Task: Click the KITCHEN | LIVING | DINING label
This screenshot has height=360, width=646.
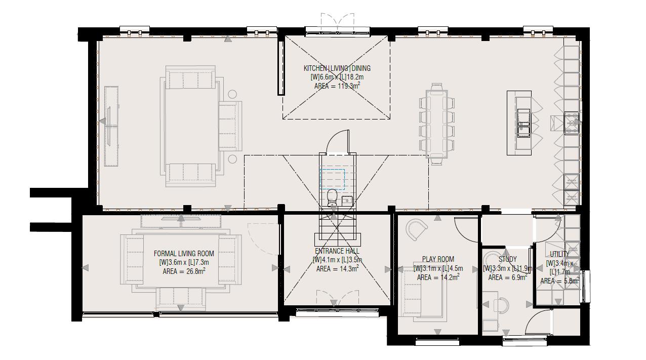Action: pos(337,68)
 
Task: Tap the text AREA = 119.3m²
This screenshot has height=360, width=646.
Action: pos(337,86)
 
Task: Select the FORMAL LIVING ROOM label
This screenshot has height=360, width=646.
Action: pos(184,254)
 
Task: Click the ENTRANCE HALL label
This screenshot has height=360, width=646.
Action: pos(337,251)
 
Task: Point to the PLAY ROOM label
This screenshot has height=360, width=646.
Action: pos(438,259)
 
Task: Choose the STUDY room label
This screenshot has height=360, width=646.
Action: pos(507,259)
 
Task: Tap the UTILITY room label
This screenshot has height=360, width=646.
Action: pos(559,254)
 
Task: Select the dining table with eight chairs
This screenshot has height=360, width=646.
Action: pos(437,124)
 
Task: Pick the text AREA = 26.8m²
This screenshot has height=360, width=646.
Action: pos(184,271)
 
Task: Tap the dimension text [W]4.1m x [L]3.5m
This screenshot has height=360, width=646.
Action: pos(337,260)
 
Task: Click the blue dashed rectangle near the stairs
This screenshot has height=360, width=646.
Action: pos(332,179)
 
